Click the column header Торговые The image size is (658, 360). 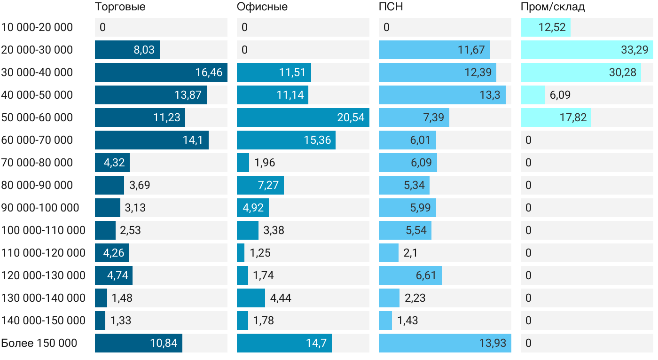click(x=120, y=7)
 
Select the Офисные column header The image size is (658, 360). click(x=262, y=7)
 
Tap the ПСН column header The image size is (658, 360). click(x=391, y=7)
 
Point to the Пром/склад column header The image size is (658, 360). click(x=553, y=7)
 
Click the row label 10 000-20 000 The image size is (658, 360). click(x=37, y=27)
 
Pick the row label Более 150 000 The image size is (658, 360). click(x=39, y=343)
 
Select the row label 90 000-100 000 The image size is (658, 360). click(x=40, y=208)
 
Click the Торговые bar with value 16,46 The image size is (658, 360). click(x=161, y=72)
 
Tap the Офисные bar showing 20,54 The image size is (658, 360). click(x=303, y=117)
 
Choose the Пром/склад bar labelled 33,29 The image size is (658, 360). click(x=587, y=50)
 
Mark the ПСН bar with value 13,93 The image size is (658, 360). click(x=445, y=343)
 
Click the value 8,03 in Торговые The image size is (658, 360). click(x=144, y=50)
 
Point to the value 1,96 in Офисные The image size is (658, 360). click(x=265, y=163)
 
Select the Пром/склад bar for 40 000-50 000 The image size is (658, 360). click(x=533, y=95)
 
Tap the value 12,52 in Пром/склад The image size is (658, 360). click(x=552, y=27)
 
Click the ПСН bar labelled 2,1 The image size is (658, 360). click(x=389, y=253)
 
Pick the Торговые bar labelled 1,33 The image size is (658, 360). click(x=100, y=321)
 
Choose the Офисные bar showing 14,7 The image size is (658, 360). click(x=284, y=343)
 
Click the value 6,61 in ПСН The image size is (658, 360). click(x=426, y=275)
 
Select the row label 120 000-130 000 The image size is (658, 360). click(x=43, y=275)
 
